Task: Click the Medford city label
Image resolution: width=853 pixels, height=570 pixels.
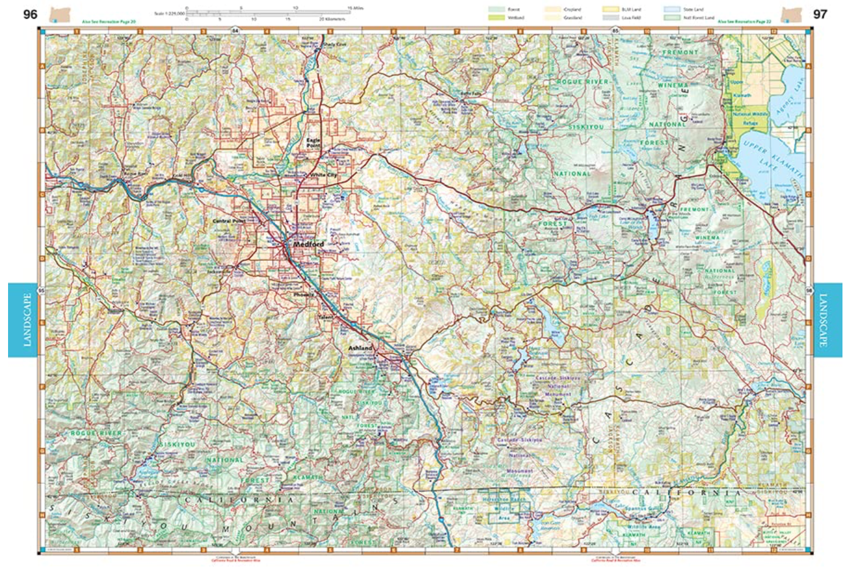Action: [x=308, y=244]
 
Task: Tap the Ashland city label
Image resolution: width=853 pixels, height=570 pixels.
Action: [x=360, y=348]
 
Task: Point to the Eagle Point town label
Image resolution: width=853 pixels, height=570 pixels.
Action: [x=314, y=143]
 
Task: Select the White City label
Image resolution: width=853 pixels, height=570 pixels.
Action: [x=324, y=175]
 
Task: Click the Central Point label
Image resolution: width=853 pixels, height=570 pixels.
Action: [x=228, y=221]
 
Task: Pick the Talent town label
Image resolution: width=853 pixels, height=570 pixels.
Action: [x=326, y=317]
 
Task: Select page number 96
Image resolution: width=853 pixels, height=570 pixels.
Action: [x=30, y=14]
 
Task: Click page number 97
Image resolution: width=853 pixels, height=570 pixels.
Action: [x=820, y=14]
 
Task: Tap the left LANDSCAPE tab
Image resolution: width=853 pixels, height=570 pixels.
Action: [x=27, y=320]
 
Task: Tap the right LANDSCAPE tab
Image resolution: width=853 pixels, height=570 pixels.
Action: [x=827, y=320]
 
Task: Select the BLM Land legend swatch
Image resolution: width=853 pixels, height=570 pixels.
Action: [x=611, y=10]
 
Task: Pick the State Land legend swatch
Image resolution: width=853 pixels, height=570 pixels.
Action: [x=672, y=10]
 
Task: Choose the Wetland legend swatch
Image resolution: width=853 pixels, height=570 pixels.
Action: [x=496, y=18]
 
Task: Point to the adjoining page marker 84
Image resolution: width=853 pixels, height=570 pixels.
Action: [x=235, y=30]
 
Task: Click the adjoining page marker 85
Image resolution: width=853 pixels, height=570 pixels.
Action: [x=615, y=30]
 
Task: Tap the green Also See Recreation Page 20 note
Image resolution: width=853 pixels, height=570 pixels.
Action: [x=108, y=22]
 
